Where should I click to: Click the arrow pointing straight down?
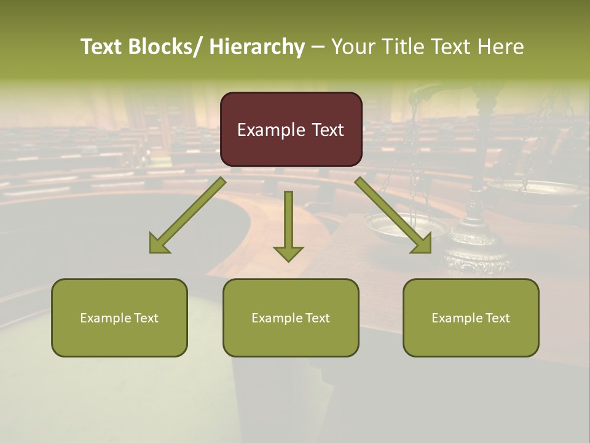pyautogui.click(x=288, y=221)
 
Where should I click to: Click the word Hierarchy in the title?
pyautogui.click(x=257, y=47)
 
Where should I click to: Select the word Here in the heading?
pyautogui.click(x=501, y=47)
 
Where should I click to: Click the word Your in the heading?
pyautogui.click(x=353, y=47)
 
